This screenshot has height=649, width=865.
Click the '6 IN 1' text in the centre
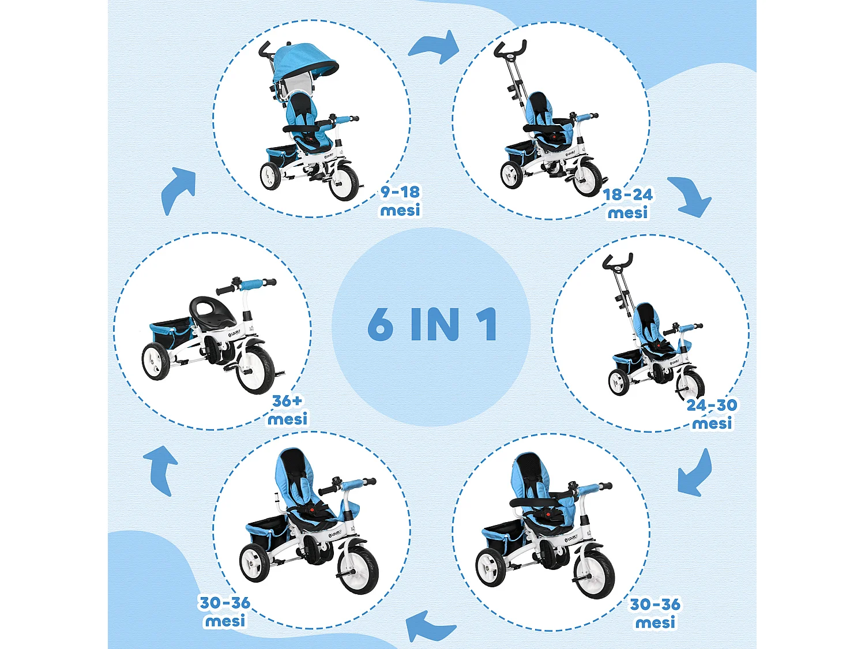point(432,324)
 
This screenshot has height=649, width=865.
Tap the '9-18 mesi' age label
point(400,201)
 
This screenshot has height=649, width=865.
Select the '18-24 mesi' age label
point(628,204)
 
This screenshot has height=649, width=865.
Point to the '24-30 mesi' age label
point(712,414)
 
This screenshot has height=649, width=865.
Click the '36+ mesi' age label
point(288,410)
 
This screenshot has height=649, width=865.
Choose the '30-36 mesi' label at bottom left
point(225,612)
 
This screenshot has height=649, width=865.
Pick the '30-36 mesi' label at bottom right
point(655,613)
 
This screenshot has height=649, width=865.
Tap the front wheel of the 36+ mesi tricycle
point(255,369)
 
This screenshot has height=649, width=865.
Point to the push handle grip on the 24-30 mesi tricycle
point(618,261)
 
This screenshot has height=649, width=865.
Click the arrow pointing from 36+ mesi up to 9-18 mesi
point(179,190)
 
